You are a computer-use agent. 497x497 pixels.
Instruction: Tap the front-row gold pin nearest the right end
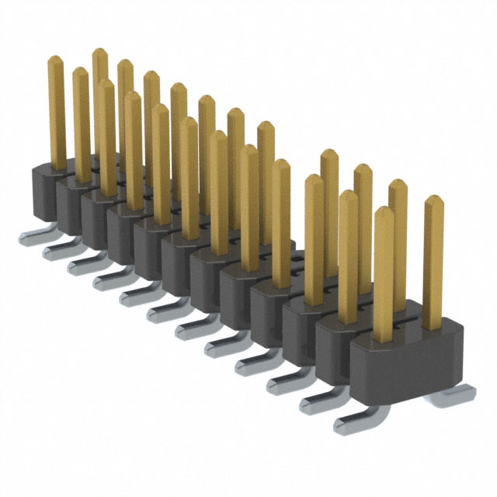click(384, 272)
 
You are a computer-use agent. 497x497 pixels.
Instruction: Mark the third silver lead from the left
click(80, 266)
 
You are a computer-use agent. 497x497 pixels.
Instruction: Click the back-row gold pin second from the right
click(398, 233)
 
